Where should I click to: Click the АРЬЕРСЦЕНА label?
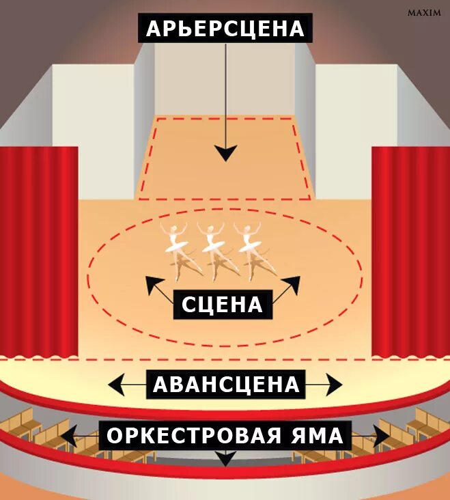click(x=225, y=29)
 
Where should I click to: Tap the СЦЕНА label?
click(x=223, y=304)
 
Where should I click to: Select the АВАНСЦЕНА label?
click(x=226, y=385)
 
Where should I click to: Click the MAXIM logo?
click(x=423, y=13)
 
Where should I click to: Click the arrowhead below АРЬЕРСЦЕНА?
click(x=225, y=154)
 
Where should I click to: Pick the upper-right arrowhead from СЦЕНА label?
click(x=294, y=282)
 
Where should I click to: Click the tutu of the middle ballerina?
click(x=213, y=242)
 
